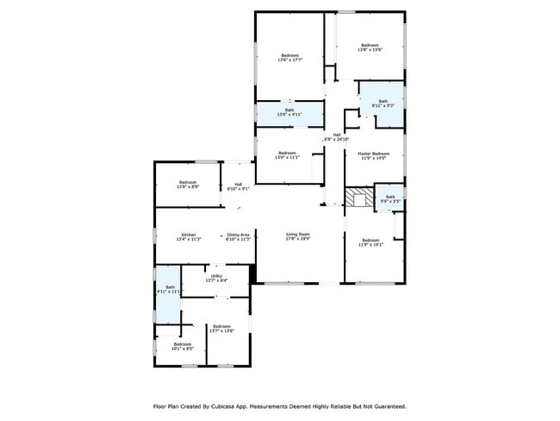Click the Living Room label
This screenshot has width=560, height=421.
click(x=298, y=236)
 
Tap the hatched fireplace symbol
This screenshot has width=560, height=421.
click(x=359, y=199)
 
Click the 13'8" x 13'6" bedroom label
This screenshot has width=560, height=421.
click(x=370, y=47)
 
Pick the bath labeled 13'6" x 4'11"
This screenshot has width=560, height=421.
click(x=289, y=112)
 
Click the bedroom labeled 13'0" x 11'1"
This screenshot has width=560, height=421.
click(x=287, y=155)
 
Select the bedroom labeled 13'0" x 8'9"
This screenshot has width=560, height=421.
click(x=188, y=185)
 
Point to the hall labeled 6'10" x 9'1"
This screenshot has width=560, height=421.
click(x=238, y=186)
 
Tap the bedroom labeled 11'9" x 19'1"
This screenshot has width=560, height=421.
click(x=370, y=242)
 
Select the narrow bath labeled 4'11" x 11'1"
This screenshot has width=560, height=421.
click(x=170, y=290)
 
